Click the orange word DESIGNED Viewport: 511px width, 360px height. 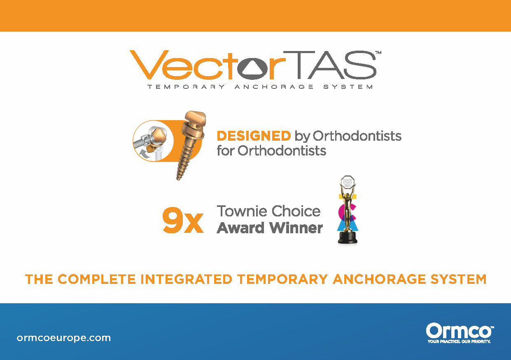tap(254, 136)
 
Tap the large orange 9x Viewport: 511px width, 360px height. tap(183, 220)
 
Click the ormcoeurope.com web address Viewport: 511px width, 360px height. tap(64, 338)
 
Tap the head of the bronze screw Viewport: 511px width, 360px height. tap(195, 118)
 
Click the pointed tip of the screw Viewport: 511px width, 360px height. tap(178, 180)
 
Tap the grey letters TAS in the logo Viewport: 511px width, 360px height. tap(330, 65)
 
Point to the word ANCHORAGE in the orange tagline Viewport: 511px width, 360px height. tap(379, 279)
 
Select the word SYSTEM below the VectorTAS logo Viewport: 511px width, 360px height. tap(348, 87)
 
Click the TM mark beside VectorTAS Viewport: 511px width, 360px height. tap(378, 52)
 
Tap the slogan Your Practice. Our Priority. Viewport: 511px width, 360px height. tap(459, 341)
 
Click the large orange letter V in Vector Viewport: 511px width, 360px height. tap(146, 65)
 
